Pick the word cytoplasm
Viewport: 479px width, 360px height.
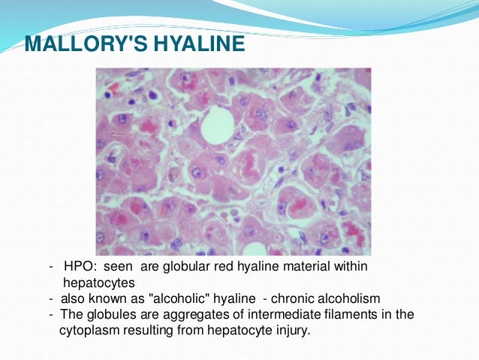coord(89,329)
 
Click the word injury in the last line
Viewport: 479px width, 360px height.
coord(290,329)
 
